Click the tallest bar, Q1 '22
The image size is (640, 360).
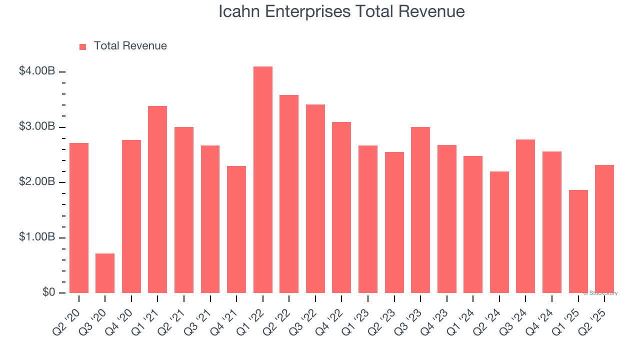click(263, 180)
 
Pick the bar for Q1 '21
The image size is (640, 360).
click(157, 199)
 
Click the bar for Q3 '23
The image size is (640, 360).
click(420, 210)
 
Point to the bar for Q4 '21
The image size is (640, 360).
click(236, 229)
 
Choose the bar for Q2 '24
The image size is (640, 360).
click(499, 232)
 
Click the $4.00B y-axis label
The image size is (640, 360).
click(37, 71)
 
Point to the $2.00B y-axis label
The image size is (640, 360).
click(37, 182)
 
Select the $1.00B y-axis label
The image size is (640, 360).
click(37, 237)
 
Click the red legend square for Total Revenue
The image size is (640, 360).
click(83, 46)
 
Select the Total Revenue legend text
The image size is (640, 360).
click(130, 46)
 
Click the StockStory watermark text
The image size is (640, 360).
click(602, 293)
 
